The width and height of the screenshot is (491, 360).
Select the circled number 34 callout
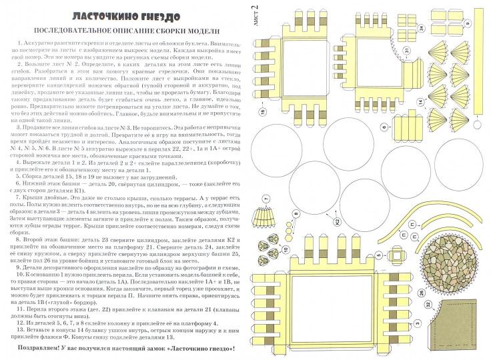422,28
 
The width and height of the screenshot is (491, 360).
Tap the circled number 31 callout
406,51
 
